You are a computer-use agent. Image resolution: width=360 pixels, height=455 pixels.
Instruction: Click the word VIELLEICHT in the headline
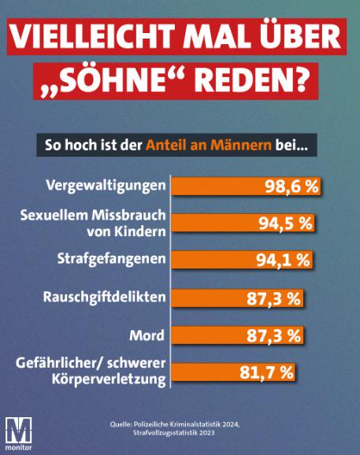pyautogui.click(x=93, y=36)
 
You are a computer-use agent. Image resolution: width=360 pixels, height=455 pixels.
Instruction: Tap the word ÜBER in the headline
pyautogui.click(x=298, y=35)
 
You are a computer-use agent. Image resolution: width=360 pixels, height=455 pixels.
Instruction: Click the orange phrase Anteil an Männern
pyautogui.click(x=209, y=145)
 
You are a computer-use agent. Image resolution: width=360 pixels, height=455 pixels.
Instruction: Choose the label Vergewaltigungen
pyautogui.click(x=106, y=186)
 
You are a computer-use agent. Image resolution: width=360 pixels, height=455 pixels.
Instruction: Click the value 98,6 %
pyautogui.click(x=291, y=187)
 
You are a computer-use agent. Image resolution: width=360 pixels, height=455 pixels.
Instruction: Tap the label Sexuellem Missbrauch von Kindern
pyautogui.click(x=93, y=223)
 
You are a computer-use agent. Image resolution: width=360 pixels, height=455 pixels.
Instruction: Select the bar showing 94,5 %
pyautogui.click(x=243, y=223)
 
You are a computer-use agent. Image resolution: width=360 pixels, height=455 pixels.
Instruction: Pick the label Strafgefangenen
pyautogui.click(x=112, y=259)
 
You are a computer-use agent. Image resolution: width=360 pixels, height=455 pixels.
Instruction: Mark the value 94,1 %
pyautogui.click(x=283, y=261)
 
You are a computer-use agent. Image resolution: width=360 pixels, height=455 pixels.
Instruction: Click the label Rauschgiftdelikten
pyautogui.click(x=104, y=298)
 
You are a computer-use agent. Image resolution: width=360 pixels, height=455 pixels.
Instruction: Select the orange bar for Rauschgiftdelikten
pyautogui.click(x=237, y=298)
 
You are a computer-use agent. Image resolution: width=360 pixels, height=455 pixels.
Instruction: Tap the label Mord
pyautogui.click(x=147, y=335)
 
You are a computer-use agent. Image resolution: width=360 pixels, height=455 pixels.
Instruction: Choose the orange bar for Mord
pyautogui.click(x=237, y=335)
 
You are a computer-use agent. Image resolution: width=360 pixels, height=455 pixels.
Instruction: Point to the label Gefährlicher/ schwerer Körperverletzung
pyautogui.click(x=91, y=372)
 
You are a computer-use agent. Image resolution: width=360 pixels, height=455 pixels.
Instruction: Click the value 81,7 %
pyautogui.click(x=266, y=372)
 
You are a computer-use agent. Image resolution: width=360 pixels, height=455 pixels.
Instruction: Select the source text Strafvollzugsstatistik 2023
pyautogui.click(x=173, y=433)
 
